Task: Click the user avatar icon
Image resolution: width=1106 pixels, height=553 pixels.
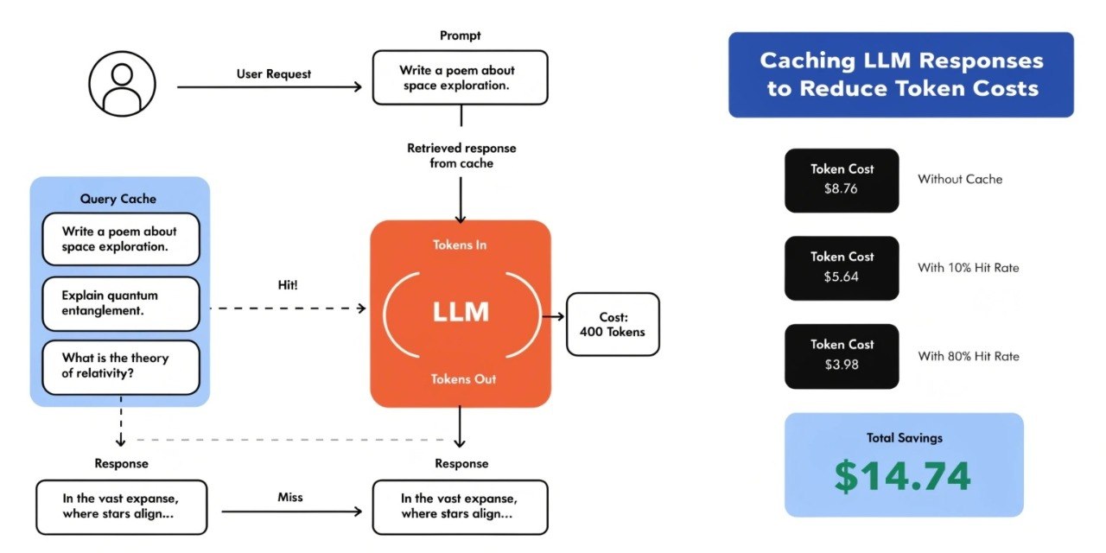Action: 122,84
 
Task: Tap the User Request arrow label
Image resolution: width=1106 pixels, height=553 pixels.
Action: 274,74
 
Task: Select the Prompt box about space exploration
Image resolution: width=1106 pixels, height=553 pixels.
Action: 461,78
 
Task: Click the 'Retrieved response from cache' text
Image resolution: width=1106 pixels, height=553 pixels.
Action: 461,156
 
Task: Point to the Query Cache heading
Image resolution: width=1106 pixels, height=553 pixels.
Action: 118,199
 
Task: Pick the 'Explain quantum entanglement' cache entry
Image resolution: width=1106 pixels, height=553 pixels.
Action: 121,303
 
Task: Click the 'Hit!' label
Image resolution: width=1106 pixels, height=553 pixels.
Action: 288,285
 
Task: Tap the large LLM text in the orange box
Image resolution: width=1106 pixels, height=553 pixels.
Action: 461,312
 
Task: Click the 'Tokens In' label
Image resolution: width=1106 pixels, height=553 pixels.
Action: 460,245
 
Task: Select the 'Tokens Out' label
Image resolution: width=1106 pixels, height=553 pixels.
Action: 463,379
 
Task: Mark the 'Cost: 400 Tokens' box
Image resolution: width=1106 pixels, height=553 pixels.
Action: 613,324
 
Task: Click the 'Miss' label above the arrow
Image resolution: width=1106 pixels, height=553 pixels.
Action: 289,497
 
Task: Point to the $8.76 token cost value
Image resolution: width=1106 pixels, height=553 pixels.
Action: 841,188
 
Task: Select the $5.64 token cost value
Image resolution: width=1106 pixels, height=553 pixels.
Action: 841,276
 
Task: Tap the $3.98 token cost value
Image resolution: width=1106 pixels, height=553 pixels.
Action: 842,365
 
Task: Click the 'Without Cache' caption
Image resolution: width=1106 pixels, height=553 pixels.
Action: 960,179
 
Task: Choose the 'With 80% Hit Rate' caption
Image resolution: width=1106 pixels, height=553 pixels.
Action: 969,357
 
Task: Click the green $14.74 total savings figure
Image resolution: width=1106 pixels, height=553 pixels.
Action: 903,476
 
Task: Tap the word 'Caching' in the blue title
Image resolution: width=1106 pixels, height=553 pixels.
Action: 807,61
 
